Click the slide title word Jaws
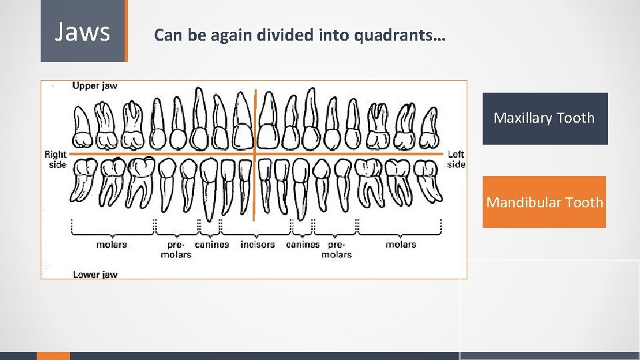(83, 31)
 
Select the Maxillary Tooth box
(545, 119)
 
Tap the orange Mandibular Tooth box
(544, 202)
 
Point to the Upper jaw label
(95, 86)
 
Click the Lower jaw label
(95, 275)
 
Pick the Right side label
(56, 159)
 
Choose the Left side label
(457, 159)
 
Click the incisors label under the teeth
(257, 245)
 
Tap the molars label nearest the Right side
(111, 245)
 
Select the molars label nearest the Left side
(401, 245)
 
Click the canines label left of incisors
(212, 245)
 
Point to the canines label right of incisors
(303, 245)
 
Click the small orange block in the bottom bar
(53, 356)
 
